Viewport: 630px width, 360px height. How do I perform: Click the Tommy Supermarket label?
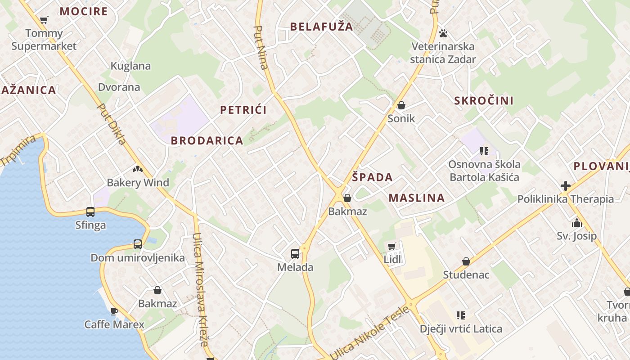click(x=44, y=40)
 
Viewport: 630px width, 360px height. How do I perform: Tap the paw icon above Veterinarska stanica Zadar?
click(x=443, y=33)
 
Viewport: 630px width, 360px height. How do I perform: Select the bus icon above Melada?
click(x=295, y=253)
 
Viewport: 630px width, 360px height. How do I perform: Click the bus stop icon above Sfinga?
click(x=90, y=211)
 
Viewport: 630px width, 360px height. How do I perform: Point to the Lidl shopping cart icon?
click(x=392, y=246)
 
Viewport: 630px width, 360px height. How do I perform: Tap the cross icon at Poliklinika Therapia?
click(x=566, y=185)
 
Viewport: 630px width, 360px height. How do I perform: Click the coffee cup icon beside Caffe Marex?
click(x=114, y=311)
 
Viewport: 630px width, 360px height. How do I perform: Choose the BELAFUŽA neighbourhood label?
click(x=322, y=27)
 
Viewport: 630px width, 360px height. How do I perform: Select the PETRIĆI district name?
click(x=243, y=110)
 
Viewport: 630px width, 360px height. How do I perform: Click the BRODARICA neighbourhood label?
click(x=207, y=140)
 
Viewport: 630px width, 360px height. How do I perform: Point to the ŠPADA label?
click(x=373, y=177)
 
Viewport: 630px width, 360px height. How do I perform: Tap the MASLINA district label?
click(x=417, y=198)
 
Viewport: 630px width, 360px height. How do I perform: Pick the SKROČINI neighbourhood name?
click(x=484, y=100)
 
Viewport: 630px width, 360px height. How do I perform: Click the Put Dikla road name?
click(x=112, y=125)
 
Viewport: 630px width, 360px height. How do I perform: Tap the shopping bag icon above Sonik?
click(x=401, y=106)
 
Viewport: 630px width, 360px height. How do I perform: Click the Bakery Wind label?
click(x=138, y=183)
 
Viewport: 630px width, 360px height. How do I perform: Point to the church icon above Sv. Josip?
click(x=576, y=222)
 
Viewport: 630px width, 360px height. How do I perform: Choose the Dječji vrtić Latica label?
click(x=461, y=329)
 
